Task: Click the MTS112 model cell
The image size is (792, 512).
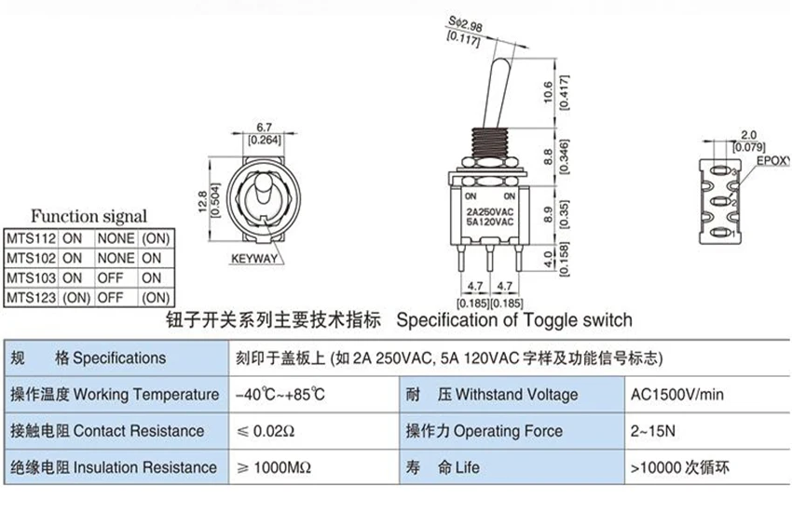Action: coord(31,238)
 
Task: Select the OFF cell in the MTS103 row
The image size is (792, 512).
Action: coord(110,278)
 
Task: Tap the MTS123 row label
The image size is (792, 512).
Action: coord(31,298)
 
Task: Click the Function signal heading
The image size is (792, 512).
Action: coord(89,216)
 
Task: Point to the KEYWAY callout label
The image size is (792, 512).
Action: coord(254,259)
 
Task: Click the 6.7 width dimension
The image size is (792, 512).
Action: coord(265,128)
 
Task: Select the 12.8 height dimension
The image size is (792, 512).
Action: coord(203,201)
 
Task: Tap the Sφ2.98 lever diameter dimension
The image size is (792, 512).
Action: coord(465,23)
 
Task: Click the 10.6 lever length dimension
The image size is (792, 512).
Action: coord(549,92)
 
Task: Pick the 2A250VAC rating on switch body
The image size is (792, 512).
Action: coord(489,212)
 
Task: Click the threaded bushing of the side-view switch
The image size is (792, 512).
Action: coord(489,142)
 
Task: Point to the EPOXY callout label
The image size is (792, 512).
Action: coord(773,161)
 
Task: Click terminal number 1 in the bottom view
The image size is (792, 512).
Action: coord(733,234)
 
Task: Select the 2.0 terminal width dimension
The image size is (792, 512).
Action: coord(748,135)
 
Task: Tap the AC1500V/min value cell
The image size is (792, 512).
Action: coord(676,395)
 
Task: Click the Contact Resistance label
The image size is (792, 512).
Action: coord(139,431)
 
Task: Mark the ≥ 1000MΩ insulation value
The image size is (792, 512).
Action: coord(274,467)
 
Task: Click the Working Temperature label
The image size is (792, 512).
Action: coord(146,395)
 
